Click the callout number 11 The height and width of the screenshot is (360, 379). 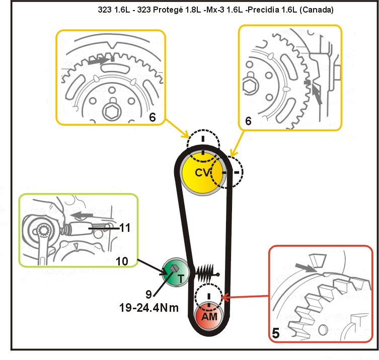coord(125,228)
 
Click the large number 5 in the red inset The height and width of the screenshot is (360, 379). coord(276,333)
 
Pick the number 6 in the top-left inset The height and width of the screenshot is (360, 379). coord(153,117)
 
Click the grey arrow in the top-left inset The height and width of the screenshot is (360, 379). coord(98,62)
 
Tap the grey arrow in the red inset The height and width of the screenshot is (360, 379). coord(306,267)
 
